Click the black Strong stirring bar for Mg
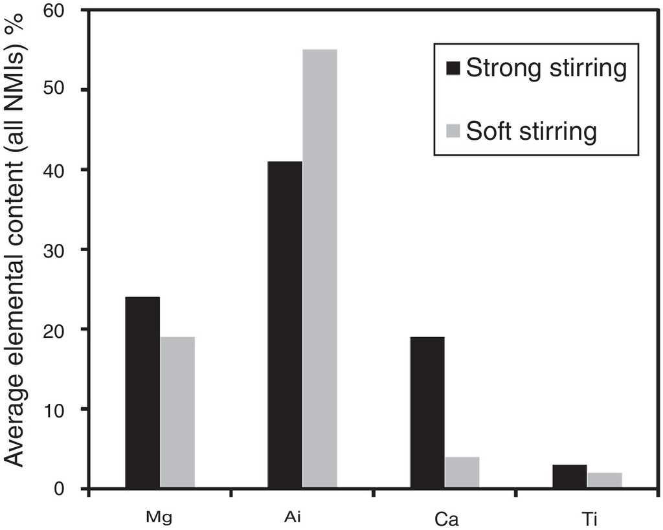[x=142, y=392]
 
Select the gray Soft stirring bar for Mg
[x=177, y=412]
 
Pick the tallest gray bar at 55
[x=320, y=269]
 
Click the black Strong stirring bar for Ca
[x=427, y=412]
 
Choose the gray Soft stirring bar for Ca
[x=462, y=472]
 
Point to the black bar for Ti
[x=570, y=476]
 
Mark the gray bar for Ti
[x=605, y=480]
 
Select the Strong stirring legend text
[x=546, y=68]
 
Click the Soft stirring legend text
[x=531, y=131]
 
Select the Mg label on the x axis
[x=159, y=518]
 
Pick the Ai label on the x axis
[x=302, y=518]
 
